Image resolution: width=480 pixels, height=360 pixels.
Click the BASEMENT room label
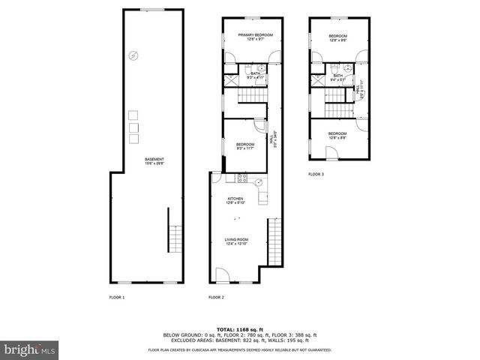coord(155,159)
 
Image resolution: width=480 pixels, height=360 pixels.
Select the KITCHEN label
coord(235,199)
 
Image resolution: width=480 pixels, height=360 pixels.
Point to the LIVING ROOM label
coord(236,240)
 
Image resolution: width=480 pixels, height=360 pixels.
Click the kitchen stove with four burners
coord(242,178)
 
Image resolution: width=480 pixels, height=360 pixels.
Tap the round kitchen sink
coord(259,181)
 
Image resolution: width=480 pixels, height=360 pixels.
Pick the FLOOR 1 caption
coord(116,298)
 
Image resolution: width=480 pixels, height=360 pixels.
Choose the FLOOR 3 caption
coord(316,174)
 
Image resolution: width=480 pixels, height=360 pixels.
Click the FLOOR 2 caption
coord(217,298)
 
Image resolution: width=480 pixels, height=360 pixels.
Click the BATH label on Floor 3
coord(337,75)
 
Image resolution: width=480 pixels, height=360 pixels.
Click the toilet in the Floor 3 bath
coord(333,68)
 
